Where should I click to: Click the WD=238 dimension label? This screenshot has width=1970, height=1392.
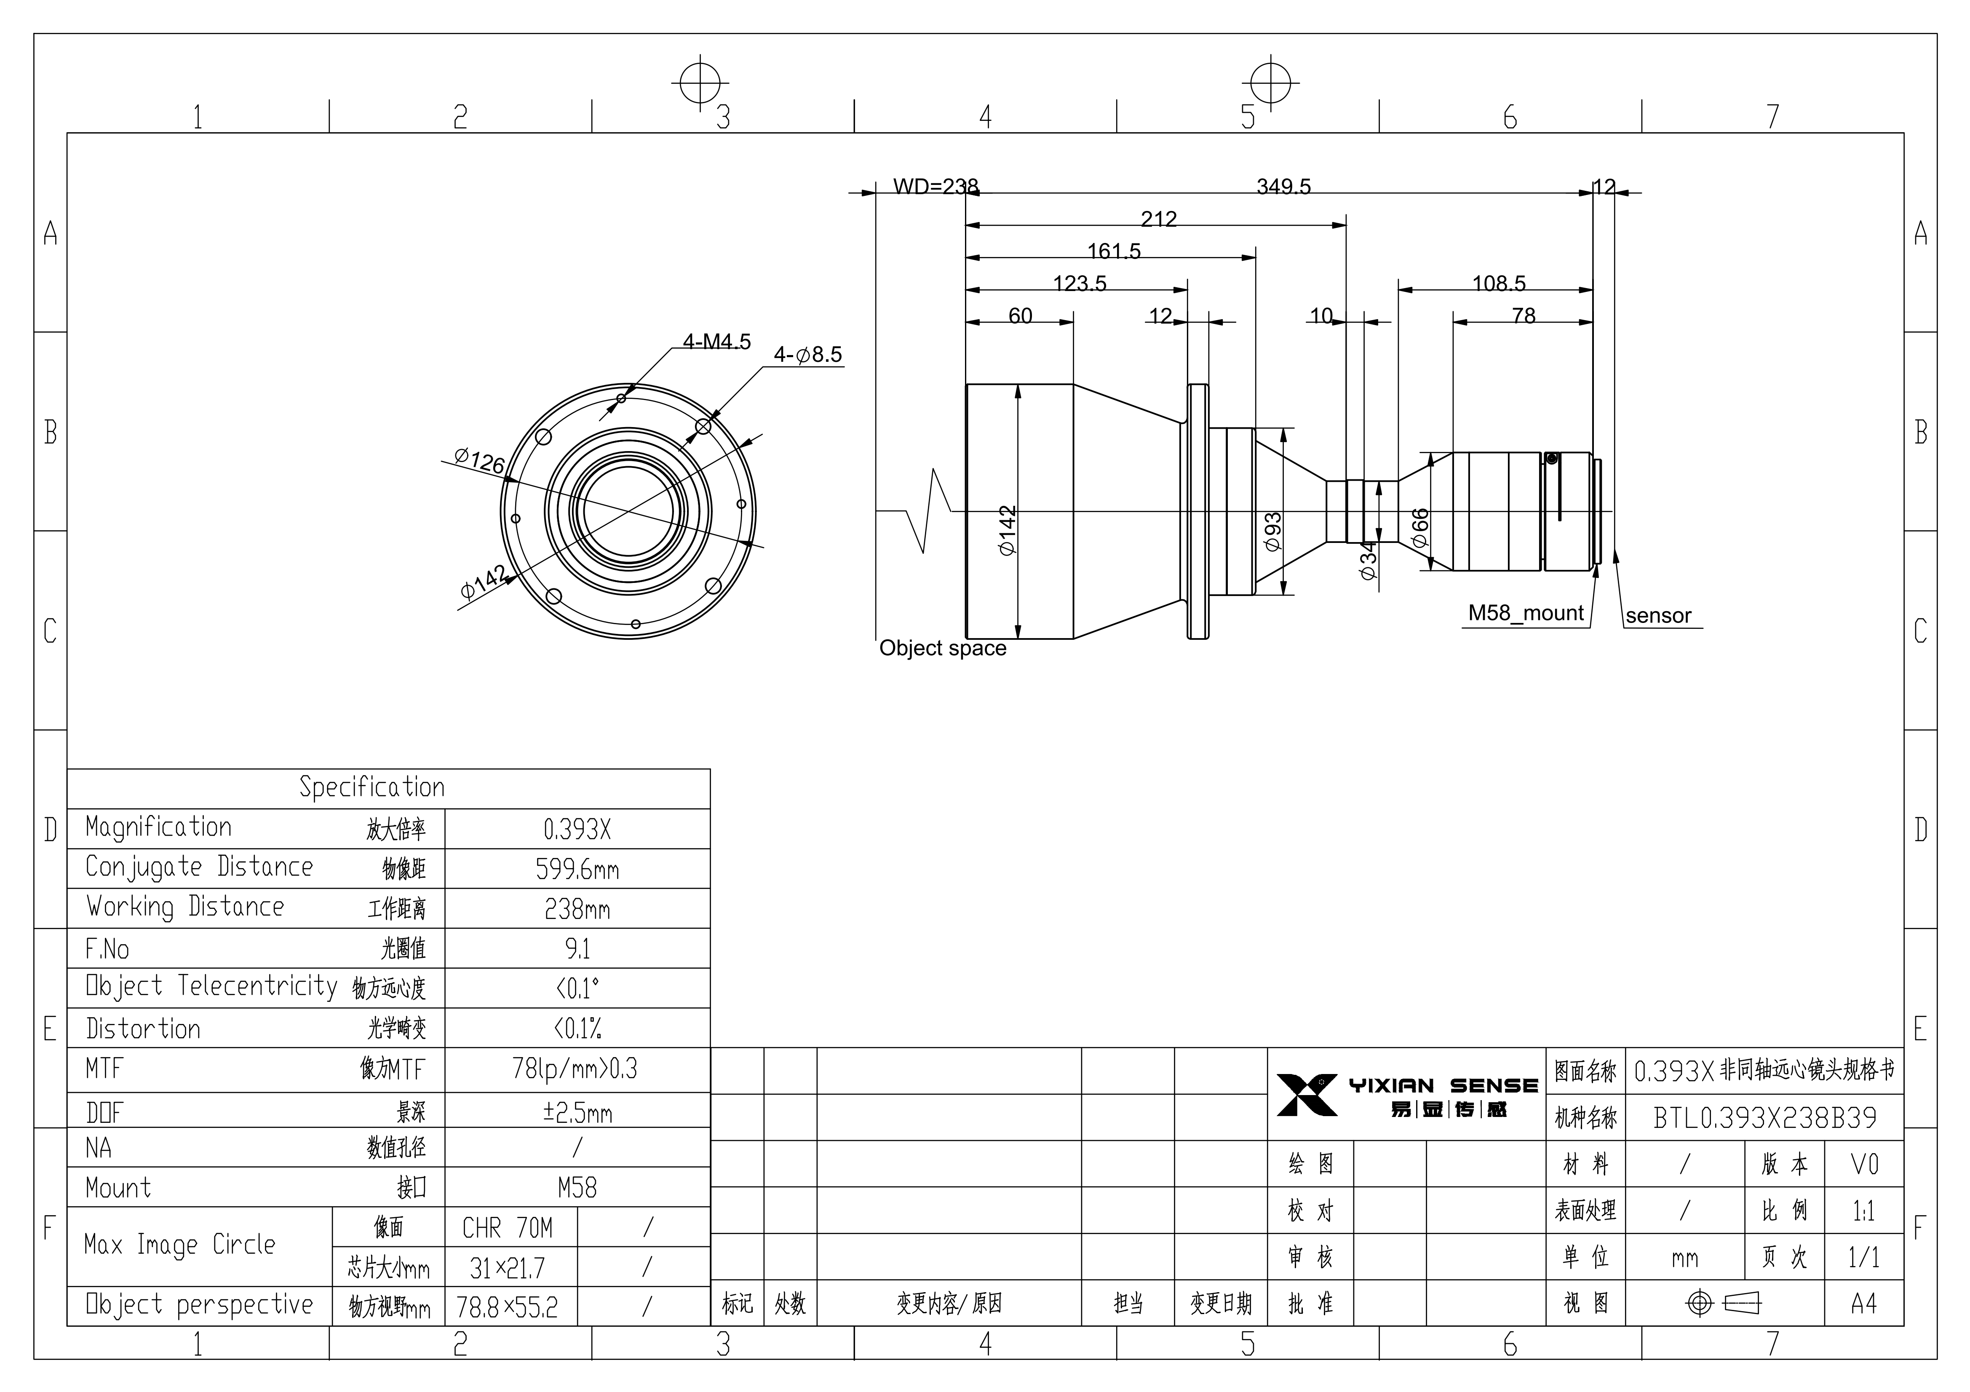pos(935,186)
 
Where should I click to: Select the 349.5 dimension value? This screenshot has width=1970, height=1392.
pos(1283,186)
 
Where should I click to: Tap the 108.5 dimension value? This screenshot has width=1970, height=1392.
pos(1499,283)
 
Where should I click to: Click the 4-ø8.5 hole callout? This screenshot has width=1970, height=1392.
pos(808,355)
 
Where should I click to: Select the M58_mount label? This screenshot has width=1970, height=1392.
pos(1526,613)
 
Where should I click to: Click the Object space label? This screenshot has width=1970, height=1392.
pos(942,648)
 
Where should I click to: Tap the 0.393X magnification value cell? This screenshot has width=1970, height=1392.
pos(577,829)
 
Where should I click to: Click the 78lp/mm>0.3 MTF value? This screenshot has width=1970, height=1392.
pos(575,1069)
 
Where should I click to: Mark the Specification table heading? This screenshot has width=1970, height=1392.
pos(372,787)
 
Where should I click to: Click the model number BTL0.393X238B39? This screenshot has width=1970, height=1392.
pos(1765,1117)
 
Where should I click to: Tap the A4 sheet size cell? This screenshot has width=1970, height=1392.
pos(1863,1304)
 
